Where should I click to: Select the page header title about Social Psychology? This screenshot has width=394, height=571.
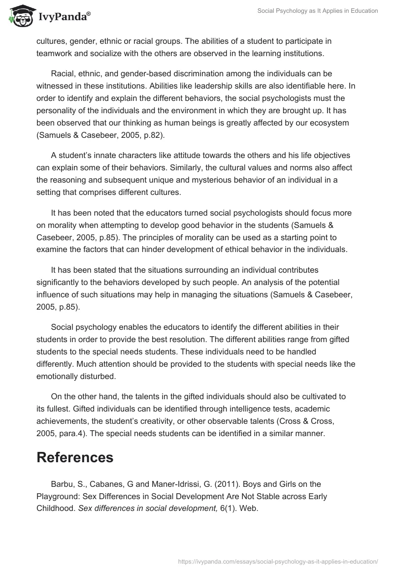pos(318,11)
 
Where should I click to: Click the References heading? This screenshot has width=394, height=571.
pos(75,457)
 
